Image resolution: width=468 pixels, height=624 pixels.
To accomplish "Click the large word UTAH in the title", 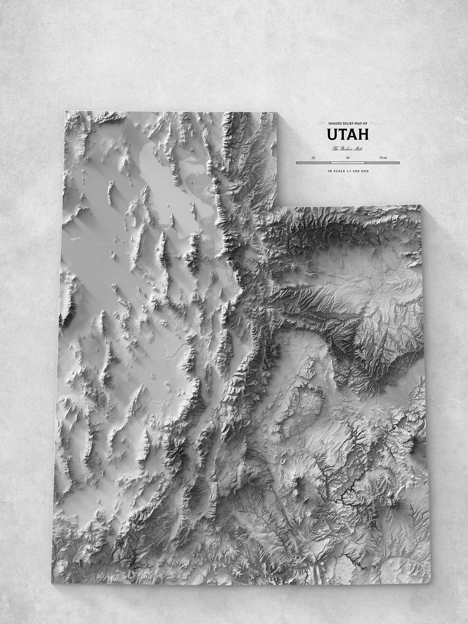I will [x=348, y=135].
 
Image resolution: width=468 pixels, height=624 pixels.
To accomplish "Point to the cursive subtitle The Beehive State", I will [x=348, y=149].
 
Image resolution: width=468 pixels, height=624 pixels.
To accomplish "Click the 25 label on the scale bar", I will [x=313, y=158].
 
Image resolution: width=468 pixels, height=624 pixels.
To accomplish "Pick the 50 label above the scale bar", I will [x=348, y=158].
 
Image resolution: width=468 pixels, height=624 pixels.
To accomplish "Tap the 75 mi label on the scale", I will [x=383, y=158].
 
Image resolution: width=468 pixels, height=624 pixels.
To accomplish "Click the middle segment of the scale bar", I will [x=348, y=163].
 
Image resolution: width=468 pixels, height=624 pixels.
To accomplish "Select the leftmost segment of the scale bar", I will [x=313, y=163].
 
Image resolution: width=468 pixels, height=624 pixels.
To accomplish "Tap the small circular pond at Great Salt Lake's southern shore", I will [x=200, y=230].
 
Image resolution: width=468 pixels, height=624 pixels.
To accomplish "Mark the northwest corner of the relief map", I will [x=65, y=110].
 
